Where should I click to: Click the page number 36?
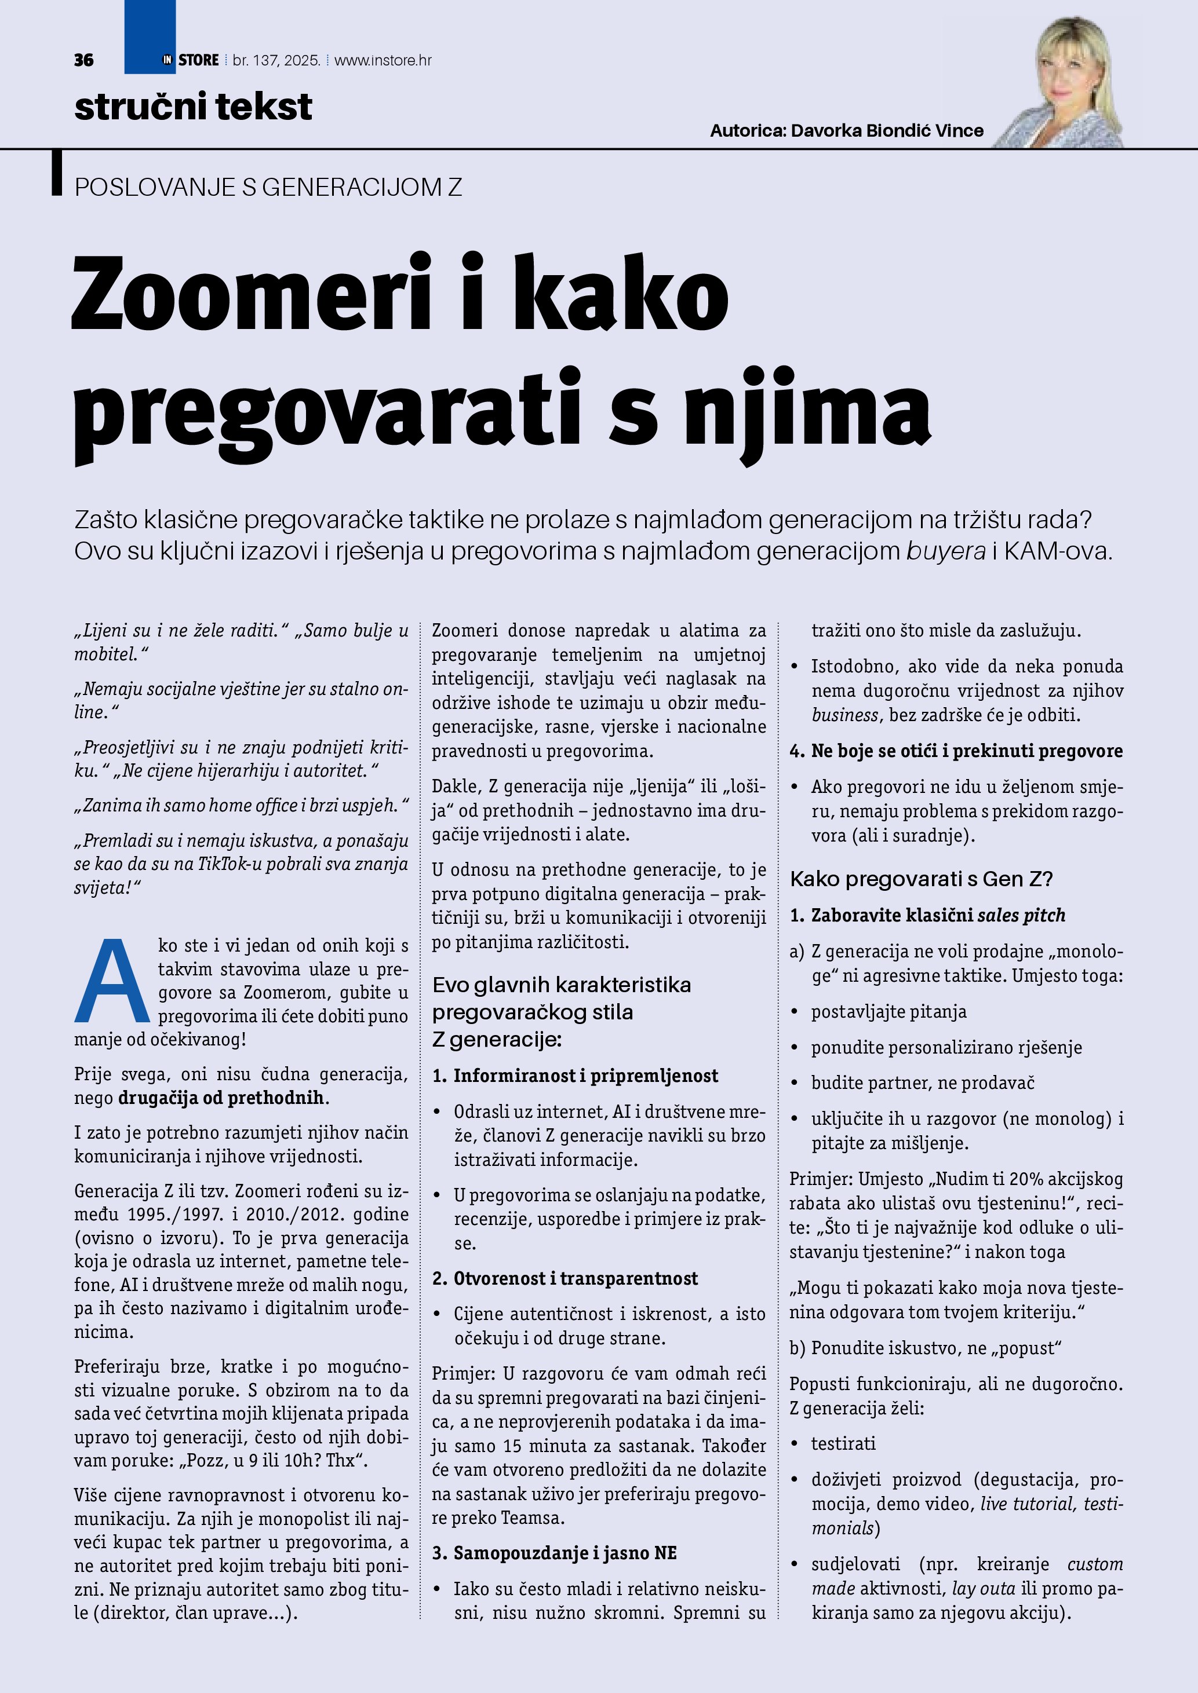[83, 60]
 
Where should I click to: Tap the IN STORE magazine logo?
[191, 60]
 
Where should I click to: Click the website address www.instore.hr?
[383, 60]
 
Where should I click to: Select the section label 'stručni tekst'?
[193, 107]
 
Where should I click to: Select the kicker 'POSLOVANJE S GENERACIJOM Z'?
[268, 187]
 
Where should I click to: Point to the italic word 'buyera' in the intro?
[946, 551]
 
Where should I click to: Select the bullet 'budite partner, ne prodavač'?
[923, 1083]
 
